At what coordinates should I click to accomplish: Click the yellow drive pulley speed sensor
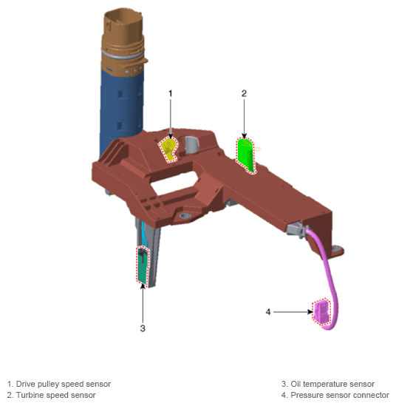click(x=169, y=149)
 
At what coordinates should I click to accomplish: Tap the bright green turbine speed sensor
click(x=245, y=155)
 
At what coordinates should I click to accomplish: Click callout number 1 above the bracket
click(x=170, y=93)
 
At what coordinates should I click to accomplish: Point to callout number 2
click(x=244, y=93)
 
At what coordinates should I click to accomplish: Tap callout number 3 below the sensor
click(x=143, y=328)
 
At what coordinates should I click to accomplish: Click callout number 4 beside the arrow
click(x=268, y=312)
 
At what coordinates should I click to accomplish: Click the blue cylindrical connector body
click(x=121, y=109)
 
